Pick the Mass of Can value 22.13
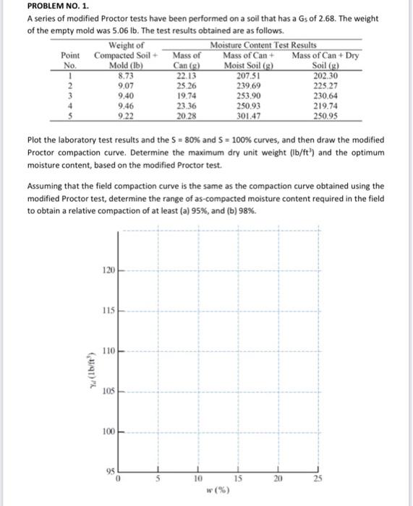pyautogui.click(x=187, y=74)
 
